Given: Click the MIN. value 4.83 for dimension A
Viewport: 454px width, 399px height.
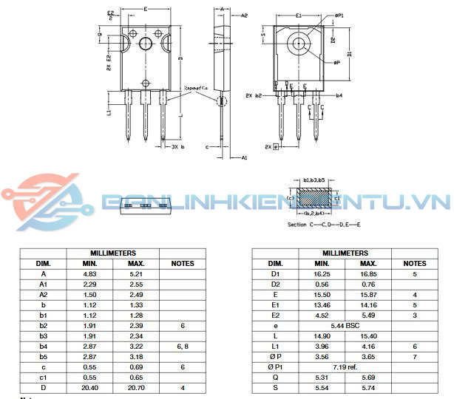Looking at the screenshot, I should point(89,274).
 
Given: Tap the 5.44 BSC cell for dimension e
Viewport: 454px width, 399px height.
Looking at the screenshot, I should point(345,326).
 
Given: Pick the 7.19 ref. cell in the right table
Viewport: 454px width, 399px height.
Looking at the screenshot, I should point(345,366).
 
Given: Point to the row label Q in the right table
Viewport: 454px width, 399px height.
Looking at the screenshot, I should point(275,377).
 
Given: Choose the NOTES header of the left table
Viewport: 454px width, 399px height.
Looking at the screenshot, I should point(182,263).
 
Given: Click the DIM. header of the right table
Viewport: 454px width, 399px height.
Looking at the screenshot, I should point(275,263).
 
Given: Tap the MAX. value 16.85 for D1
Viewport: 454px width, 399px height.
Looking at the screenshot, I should point(368,274).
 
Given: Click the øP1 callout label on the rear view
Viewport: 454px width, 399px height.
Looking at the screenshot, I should point(339,16).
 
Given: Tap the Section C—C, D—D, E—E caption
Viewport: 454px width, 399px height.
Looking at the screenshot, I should point(323,224).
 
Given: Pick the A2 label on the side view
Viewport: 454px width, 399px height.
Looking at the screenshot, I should point(244,15).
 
